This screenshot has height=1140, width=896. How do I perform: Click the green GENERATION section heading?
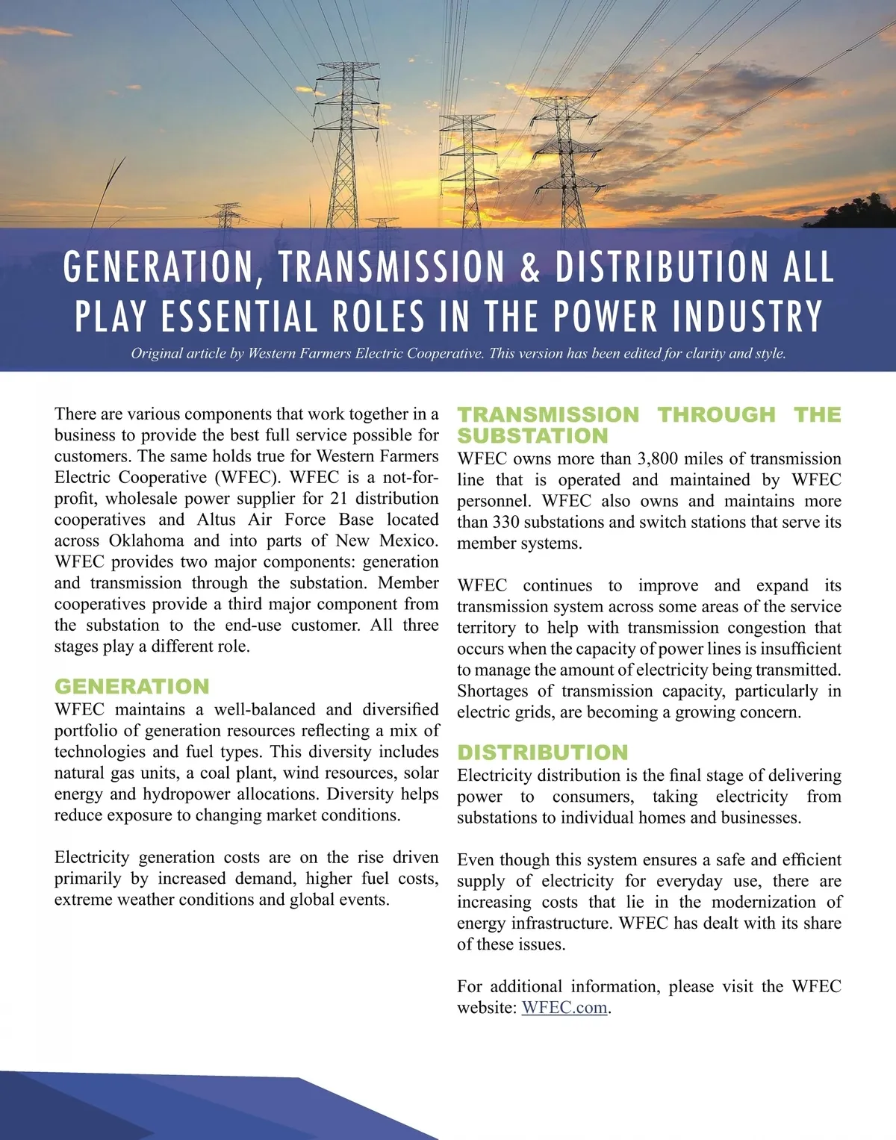(132, 686)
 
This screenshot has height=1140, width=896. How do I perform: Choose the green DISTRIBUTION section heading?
(543, 752)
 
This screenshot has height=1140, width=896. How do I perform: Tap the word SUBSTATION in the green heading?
(532, 436)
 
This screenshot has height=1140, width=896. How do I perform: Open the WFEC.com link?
(564, 1007)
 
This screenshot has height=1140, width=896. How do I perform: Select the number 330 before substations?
(507, 522)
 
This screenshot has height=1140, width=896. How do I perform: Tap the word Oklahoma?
(146, 541)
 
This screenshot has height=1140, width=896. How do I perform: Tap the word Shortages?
(493, 691)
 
